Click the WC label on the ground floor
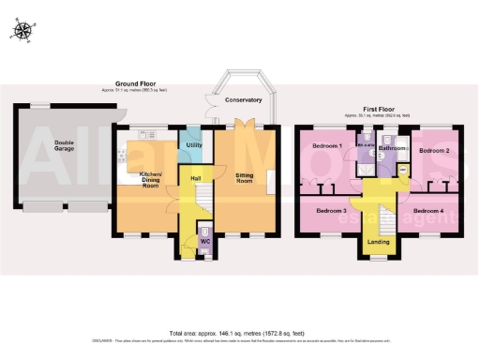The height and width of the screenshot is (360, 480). pos(204,242)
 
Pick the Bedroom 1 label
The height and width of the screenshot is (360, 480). pos(327,147)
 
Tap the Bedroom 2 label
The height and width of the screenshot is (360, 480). pos(433,151)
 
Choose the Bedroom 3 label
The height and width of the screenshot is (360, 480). pos(330,211)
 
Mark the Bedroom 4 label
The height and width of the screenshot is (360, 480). pos(428,211)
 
